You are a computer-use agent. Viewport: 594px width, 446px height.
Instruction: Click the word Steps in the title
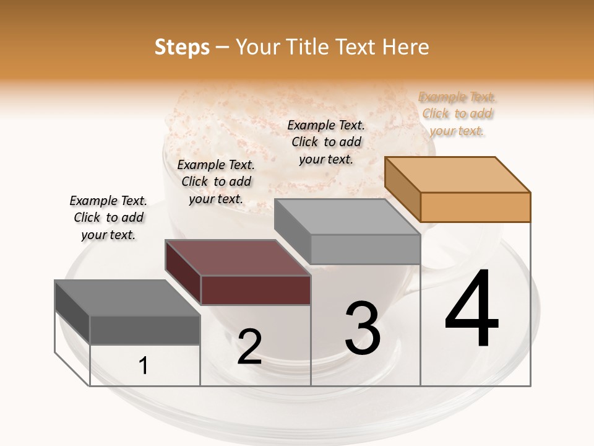(x=182, y=47)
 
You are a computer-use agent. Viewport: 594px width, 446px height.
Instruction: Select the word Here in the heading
(x=407, y=47)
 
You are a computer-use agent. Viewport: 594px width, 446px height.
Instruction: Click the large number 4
(x=471, y=310)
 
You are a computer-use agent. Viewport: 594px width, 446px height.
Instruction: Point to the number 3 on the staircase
(x=363, y=328)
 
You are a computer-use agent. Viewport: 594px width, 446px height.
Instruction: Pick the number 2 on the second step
(x=249, y=347)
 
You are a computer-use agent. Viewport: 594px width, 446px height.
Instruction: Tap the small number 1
(x=144, y=366)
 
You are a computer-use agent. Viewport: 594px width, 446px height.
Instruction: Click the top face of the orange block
(x=457, y=175)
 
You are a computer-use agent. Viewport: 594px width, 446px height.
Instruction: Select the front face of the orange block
(x=475, y=207)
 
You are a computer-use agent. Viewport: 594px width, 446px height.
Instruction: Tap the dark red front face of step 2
(x=256, y=290)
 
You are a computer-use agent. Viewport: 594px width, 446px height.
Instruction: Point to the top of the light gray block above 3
(x=347, y=217)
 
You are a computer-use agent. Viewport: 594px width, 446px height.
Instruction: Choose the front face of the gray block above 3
(x=365, y=249)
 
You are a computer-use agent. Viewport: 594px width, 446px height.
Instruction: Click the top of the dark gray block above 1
(x=127, y=298)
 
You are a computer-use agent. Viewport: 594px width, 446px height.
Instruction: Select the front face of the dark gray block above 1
(x=145, y=330)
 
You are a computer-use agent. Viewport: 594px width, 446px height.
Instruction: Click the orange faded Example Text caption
(x=457, y=113)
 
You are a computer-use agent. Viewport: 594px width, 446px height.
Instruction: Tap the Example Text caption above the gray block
(x=326, y=142)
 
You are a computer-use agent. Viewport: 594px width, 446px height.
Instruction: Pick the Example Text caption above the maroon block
(x=216, y=181)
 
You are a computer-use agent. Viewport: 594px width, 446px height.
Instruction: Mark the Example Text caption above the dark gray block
(x=108, y=217)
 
